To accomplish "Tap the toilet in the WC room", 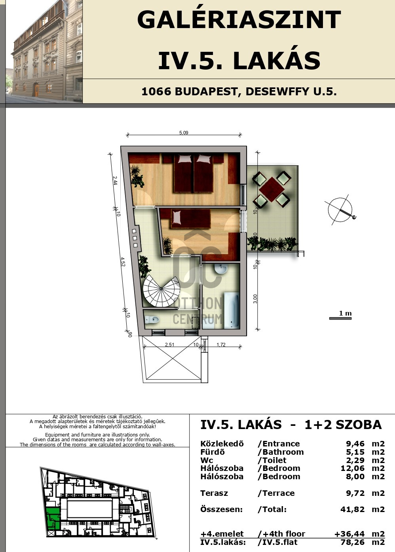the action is [x=152, y=320].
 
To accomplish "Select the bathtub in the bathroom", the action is [x=232, y=310].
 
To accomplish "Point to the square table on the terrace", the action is [x=272, y=189].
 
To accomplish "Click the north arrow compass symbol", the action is [x=340, y=210].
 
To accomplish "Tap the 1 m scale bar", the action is [x=340, y=318].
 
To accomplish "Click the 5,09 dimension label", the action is [x=184, y=133].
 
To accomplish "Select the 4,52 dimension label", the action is [x=123, y=261].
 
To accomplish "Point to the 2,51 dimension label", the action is [x=169, y=344].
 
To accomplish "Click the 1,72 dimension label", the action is [x=221, y=344].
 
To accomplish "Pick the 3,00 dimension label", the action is [x=255, y=299].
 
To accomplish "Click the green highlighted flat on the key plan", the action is [x=53, y=519].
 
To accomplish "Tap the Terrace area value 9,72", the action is [x=355, y=493].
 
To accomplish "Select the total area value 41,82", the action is [x=352, y=509].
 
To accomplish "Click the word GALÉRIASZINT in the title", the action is [x=239, y=20].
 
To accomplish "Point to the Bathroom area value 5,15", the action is [x=355, y=452].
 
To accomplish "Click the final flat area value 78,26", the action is [x=352, y=542].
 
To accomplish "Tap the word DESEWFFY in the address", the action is [x=277, y=91].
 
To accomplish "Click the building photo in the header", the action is [x=44, y=51].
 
